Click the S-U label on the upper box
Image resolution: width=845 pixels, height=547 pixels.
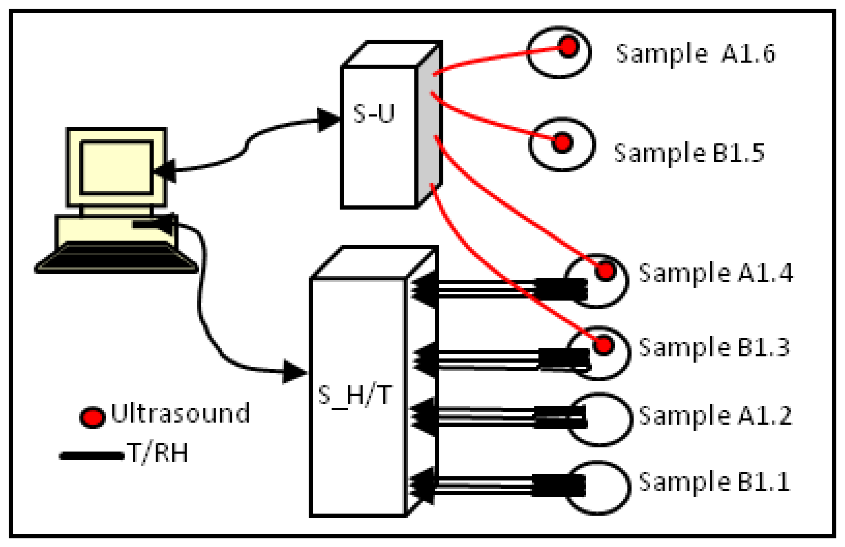click(x=373, y=114)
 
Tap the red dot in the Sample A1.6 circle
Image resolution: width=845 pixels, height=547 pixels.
click(x=569, y=46)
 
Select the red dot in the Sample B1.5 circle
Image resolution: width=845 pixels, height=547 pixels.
click(x=562, y=142)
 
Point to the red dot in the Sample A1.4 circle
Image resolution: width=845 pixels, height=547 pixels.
click(x=605, y=271)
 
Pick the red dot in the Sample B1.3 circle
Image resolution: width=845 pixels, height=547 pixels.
click(x=604, y=345)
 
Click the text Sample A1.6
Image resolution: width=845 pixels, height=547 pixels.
click(x=695, y=54)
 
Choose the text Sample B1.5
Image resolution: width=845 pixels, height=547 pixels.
click(x=689, y=153)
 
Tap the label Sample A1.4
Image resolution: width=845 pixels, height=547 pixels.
click(x=716, y=273)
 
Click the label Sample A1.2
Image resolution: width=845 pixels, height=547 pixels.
click(x=715, y=415)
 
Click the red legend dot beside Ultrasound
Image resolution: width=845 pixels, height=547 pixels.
click(x=92, y=417)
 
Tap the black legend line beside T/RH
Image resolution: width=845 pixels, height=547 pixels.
click(x=91, y=456)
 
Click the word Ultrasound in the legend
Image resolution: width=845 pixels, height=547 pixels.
click(x=180, y=414)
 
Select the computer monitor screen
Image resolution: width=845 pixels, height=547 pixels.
click(x=117, y=168)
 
